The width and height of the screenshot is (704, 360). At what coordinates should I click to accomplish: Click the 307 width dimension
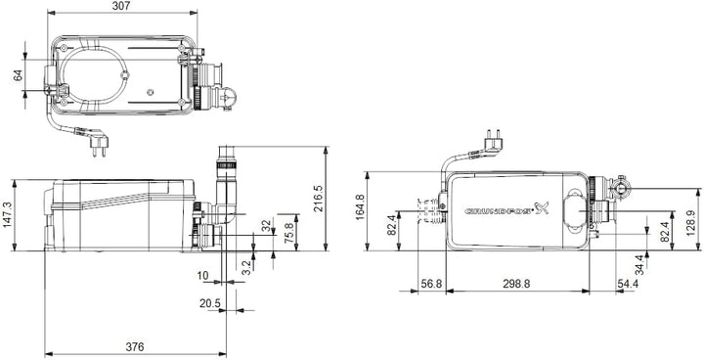click(121, 6)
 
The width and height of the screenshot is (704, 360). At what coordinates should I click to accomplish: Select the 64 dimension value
click(18, 75)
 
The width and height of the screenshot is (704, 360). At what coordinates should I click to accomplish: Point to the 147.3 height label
click(7, 215)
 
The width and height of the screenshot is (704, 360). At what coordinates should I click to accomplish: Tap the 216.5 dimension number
click(318, 199)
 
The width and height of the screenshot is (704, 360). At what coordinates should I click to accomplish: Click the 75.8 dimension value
click(289, 233)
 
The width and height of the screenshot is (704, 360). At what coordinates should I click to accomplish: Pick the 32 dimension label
click(268, 227)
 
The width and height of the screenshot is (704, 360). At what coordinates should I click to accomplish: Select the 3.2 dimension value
click(246, 265)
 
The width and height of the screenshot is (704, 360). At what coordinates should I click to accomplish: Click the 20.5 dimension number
click(210, 304)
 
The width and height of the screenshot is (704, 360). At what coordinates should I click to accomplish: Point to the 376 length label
click(135, 347)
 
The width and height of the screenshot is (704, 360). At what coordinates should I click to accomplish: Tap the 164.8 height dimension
click(360, 206)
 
